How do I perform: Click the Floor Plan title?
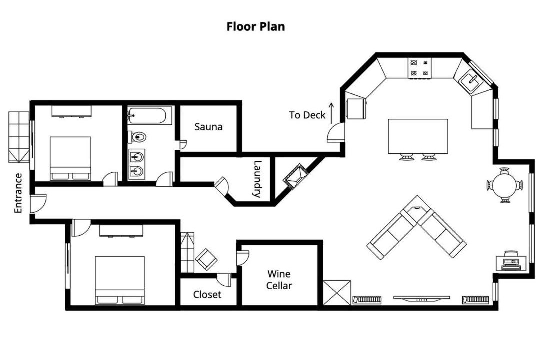coord(256,26)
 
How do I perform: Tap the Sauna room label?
coord(208,127)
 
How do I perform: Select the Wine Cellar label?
coord(279,280)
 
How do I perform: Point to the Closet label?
coord(207,295)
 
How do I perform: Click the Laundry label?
coord(257,179)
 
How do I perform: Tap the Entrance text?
coord(18,193)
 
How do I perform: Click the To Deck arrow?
coord(331,113)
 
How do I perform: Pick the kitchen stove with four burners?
coord(420,68)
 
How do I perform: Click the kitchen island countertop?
coord(418,136)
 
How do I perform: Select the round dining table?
coord(505,185)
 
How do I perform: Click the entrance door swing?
coord(38,203)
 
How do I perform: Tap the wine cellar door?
coord(243,258)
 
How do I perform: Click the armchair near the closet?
coord(206,259)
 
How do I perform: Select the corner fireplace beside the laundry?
coord(295,176)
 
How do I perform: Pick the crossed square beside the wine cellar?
coord(337,293)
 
